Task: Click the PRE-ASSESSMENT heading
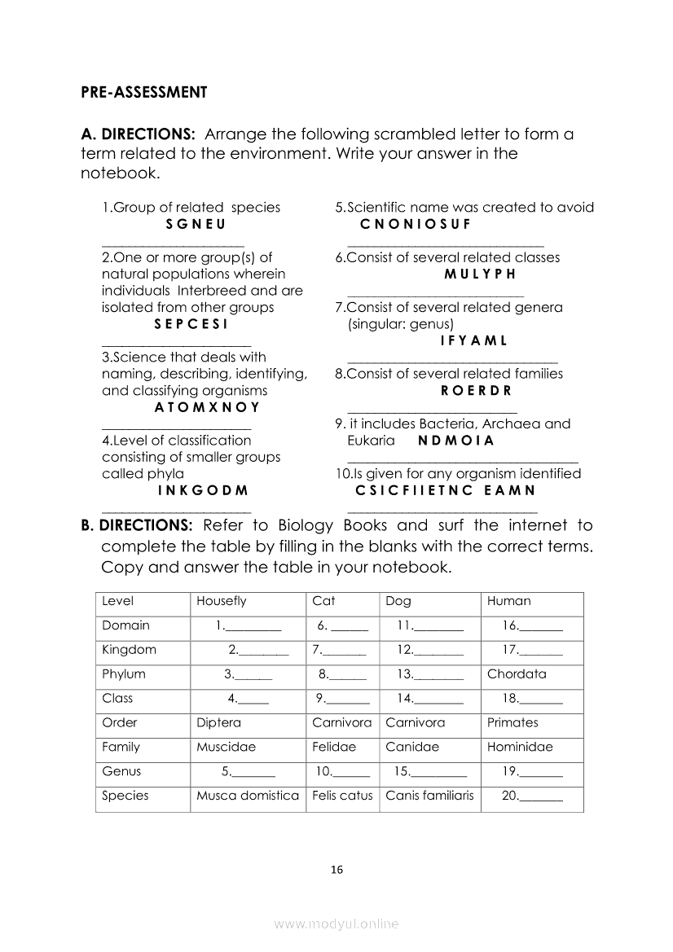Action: [143, 92]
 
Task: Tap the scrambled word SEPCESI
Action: [191, 324]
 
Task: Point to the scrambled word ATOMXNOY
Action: [207, 407]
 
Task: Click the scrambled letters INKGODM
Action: [202, 491]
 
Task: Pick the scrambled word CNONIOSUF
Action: [415, 224]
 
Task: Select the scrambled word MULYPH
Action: [480, 274]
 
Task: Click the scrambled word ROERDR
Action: [476, 391]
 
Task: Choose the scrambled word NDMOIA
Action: [456, 441]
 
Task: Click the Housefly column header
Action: [221, 602]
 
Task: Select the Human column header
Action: [508, 602]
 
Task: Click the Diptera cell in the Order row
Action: [218, 722]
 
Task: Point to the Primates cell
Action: [512, 722]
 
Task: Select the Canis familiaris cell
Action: [429, 796]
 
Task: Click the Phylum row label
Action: [124, 674]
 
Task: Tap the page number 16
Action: [336, 870]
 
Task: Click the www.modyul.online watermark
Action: [336, 924]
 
